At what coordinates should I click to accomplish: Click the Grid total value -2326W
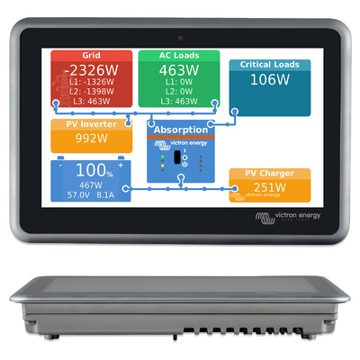tap(92, 71)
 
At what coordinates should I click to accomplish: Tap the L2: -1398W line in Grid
tap(92, 92)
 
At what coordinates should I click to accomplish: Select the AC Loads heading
tap(179, 56)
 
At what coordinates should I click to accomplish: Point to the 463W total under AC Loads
tap(179, 71)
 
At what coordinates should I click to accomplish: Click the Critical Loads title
tap(270, 65)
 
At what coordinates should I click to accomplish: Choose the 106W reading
tap(270, 80)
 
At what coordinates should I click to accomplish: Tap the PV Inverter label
tap(92, 124)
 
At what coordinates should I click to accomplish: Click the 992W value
tap(92, 139)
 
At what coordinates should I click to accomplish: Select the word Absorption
tap(181, 130)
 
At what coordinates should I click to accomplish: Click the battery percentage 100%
tap(94, 170)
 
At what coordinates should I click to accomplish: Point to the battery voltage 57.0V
tap(78, 195)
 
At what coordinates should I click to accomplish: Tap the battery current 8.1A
tap(105, 195)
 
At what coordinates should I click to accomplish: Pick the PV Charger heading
tap(270, 174)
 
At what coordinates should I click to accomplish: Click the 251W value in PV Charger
tap(270, 187)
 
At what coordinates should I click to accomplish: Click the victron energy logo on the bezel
tap(287, 218)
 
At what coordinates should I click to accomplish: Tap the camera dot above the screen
tap(180, 38)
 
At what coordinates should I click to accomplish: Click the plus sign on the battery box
tap(121, 165)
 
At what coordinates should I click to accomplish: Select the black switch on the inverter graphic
tap(177, 157)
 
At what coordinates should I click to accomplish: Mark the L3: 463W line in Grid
tap(92, 102)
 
